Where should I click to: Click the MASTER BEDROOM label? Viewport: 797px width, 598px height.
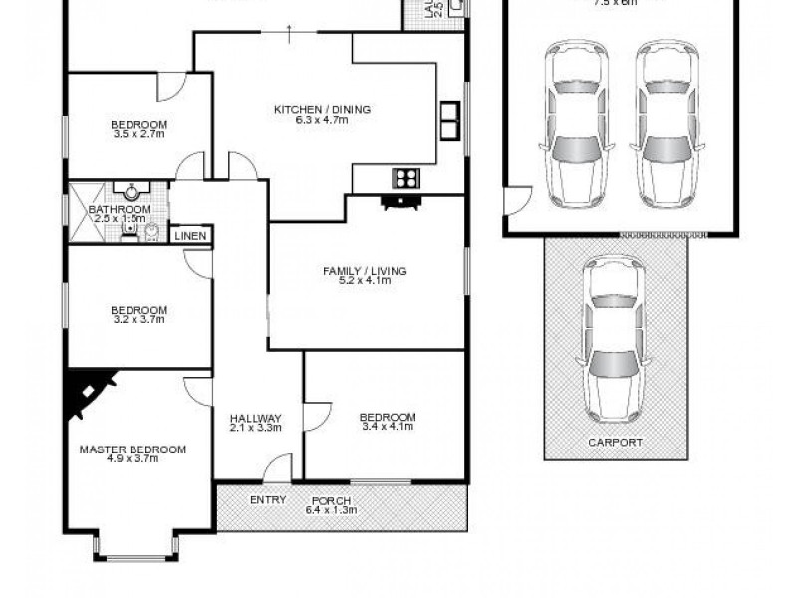[x=133, y=449]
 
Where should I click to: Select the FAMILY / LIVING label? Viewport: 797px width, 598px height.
[x=365, y=271]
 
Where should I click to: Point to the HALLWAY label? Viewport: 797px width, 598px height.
[x=256, y=418]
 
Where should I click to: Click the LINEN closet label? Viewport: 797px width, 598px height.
[x=190, y=236]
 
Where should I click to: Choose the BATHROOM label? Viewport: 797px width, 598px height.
[x=120, y=210]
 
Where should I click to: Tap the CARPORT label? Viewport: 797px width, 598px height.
[x=615, y=442]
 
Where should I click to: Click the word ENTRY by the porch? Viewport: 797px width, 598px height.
[x=269, y=500]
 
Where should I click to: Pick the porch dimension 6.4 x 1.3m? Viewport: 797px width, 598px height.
[x=331, y=510]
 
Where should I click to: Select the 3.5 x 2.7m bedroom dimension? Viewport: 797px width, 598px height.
[x=139, y=133]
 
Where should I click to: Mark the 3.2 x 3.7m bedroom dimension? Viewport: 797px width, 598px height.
[x=138, y=319]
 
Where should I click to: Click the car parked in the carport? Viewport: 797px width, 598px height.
[x=615, y=339]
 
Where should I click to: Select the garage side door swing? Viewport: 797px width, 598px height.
[x=515, y=203]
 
